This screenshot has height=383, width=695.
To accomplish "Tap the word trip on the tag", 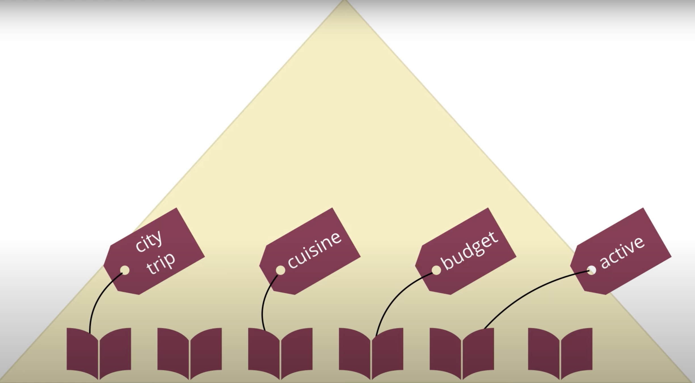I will pos(161,263).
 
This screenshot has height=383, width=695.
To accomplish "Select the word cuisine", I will pos(314,250).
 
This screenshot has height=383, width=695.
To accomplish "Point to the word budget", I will pos(469,250).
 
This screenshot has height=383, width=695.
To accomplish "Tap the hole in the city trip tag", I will pos(125,270).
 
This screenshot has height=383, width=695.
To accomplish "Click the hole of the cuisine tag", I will pos(280,270).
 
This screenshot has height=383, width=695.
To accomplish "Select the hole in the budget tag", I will pos(436,270).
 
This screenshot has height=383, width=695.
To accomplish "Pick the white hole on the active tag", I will pos(591,270).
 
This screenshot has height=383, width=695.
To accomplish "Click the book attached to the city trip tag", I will pos(99,353).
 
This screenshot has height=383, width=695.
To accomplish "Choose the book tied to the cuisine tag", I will pos(280,353).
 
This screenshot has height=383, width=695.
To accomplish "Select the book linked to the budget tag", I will pos(371,353).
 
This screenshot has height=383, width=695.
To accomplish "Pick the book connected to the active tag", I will pos(462,353).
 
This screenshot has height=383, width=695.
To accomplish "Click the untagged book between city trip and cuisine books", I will pos(189,353).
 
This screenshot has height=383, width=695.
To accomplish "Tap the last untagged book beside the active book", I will pos(560,353).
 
